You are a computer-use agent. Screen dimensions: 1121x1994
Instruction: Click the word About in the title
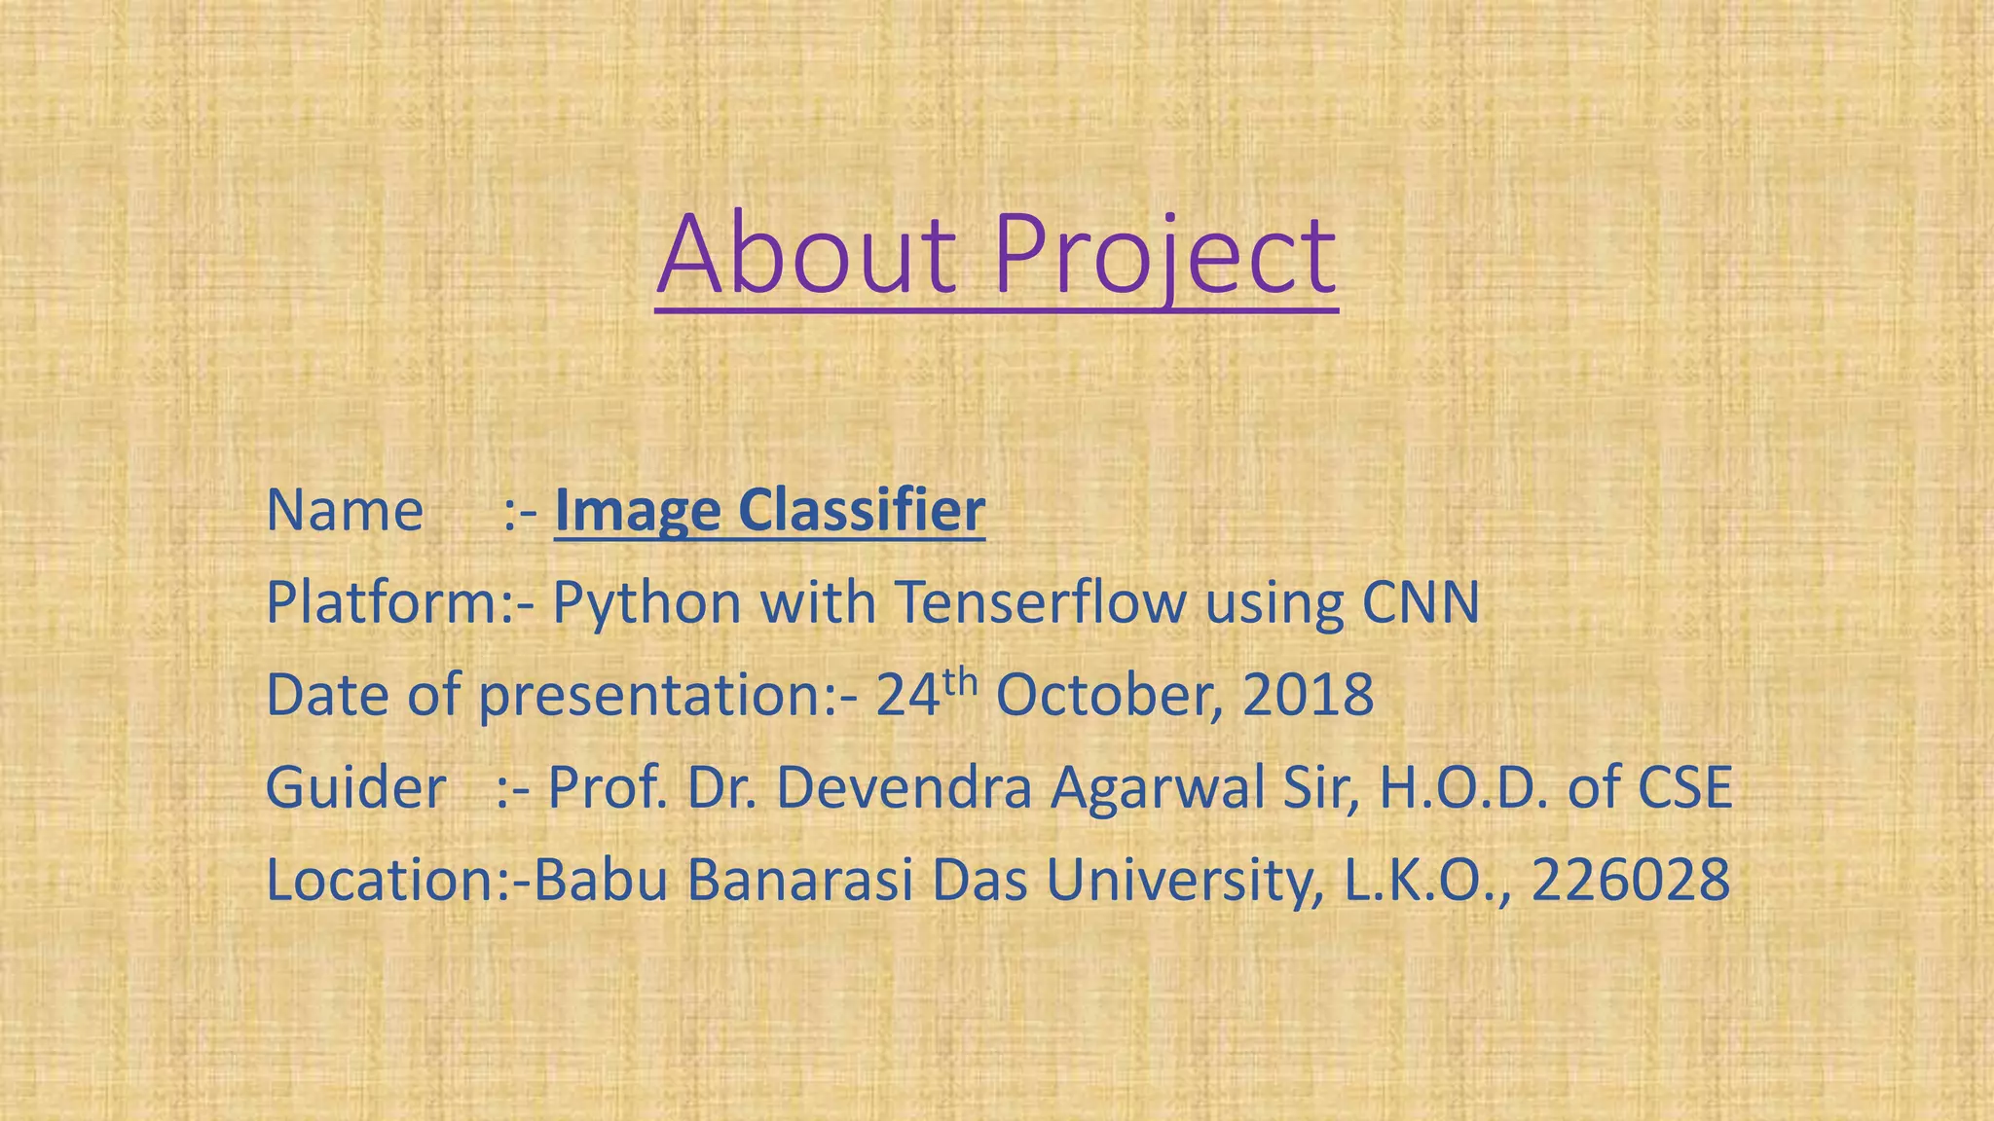[x=806, y=255]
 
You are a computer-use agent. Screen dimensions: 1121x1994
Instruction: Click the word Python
[x=646, y=603]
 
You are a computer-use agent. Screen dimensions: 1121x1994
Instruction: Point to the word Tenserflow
[x=1041, y=602]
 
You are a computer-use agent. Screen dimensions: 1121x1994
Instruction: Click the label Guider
[x=355, y=787]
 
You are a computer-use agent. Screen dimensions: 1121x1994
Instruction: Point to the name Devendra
[x=903, y=787]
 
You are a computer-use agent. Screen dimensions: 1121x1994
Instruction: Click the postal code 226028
[x=1631, y=880]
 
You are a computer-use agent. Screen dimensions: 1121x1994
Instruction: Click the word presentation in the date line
[x=650, y=697]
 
